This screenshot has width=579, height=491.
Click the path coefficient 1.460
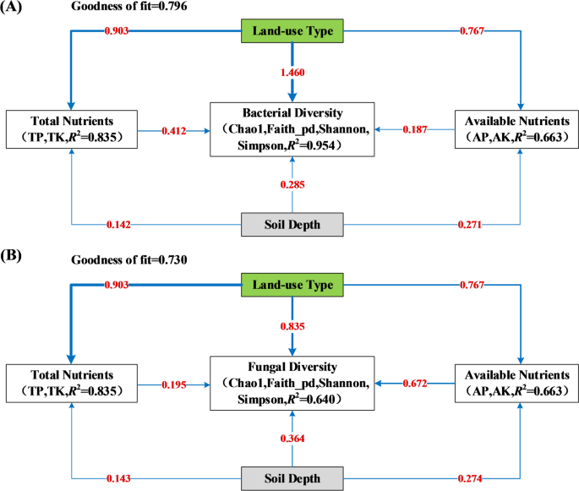pos(292,74)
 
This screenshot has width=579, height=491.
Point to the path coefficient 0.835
pos(292,325)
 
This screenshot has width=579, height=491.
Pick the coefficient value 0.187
pos(414,130)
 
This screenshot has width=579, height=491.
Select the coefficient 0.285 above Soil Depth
pos(292,184)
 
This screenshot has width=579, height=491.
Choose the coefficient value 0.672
pos(414,383)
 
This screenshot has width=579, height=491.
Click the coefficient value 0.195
pos(175,383)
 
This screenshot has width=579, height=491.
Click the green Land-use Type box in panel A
pos(292,32)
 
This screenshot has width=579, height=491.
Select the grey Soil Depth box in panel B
pos(292,477)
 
